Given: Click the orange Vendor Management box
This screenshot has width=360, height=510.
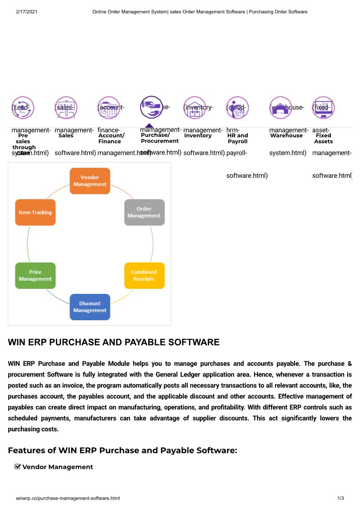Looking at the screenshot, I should [x=90, y=181].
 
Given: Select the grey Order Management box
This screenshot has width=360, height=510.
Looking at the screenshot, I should [x=144, y=212].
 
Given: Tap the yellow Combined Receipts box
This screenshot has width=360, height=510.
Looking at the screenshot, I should [x=144, y=276].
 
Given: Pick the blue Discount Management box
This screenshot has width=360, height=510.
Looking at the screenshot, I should [x=90, y=307].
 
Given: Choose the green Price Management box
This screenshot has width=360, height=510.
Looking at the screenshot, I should [x=35, y=276].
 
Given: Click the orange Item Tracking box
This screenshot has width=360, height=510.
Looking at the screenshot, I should [x=35, y=212].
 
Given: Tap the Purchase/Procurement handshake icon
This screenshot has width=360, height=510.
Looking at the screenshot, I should [x=151, y=107].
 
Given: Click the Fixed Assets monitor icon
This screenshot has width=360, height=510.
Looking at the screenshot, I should [x=324, y=108].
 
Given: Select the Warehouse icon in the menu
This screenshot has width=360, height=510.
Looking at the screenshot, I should [x=280, y=108].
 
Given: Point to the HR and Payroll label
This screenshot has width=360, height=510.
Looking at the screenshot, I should [x=237, y=138].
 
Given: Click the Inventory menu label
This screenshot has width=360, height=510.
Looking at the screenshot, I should [x=198, y=136].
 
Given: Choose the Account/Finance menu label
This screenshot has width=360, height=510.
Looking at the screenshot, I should [x=111, y=138].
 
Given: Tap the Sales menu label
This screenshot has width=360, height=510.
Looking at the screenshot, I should [x=66, y=136].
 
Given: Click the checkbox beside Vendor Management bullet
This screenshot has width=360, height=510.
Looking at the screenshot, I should [x=18, y=466].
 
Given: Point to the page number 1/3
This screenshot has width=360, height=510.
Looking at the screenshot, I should [x=340, y=499].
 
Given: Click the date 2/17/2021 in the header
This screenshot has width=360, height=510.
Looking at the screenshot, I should [x=26, y=11].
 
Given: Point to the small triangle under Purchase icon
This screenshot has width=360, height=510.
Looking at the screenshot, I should [x=150, y=126].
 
